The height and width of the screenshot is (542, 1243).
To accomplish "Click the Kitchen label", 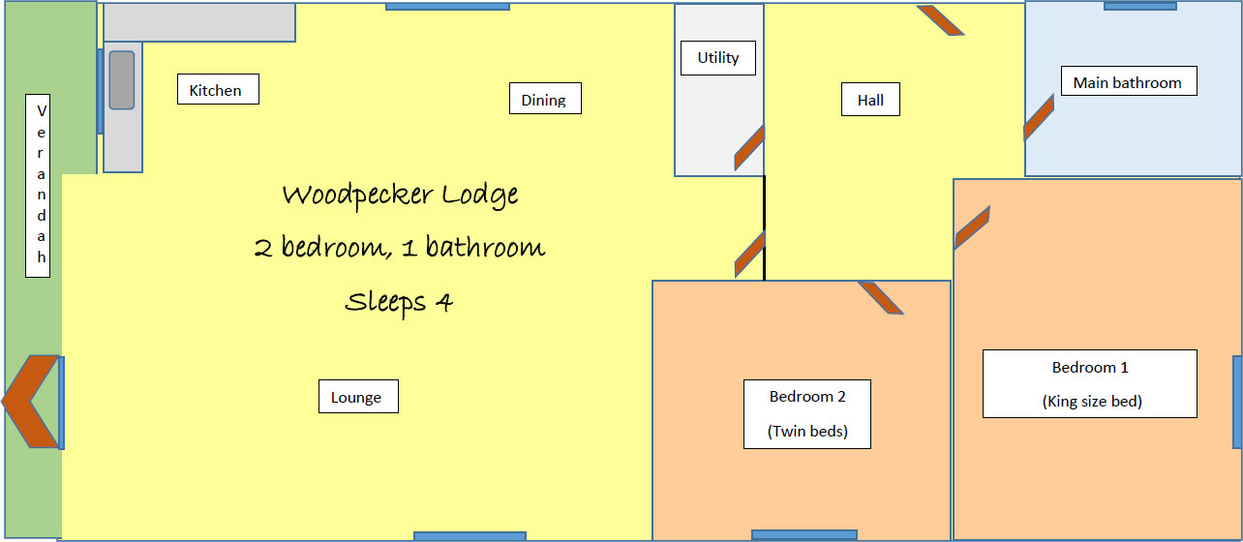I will pos(218,90).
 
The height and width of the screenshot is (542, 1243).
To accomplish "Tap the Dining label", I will pos(544,99).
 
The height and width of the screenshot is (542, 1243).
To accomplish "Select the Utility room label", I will pos(718,58).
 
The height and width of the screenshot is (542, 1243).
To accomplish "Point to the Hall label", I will pos(870,100).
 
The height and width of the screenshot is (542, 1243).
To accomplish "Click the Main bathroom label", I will pos(1128,81).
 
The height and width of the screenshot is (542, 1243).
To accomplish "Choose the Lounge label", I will pos(357,397).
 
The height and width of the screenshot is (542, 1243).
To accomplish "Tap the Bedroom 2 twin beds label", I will pos(807,414).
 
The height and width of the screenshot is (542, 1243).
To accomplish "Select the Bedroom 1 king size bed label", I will pos(1090,383).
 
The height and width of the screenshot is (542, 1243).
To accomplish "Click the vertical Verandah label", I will pos(39,186).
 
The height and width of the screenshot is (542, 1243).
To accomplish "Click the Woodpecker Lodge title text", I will pos(400,195).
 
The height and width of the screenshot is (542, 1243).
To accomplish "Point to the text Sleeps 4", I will pos(399,302).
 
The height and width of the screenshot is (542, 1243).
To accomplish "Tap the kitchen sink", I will pos(122,79).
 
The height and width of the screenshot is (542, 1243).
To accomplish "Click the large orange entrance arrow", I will pos(29,402).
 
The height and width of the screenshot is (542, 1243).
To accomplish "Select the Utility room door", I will pos(749,148).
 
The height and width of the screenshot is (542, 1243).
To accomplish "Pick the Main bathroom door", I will pos(1039,117).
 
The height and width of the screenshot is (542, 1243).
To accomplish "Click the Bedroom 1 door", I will pos(971,228).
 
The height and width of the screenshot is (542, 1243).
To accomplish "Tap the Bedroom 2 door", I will pos(881,297).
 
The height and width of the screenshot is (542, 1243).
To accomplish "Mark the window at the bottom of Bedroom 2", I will pos(804,535).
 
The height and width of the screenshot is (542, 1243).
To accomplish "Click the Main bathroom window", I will pos(1140,6).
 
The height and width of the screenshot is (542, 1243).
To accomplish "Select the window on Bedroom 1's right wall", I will pos(1237,402).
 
